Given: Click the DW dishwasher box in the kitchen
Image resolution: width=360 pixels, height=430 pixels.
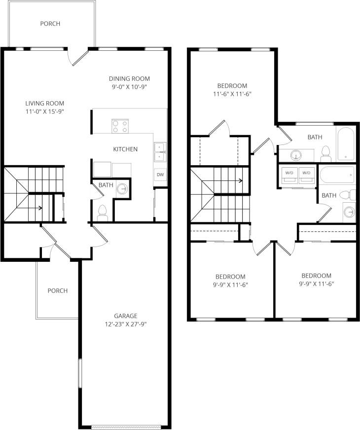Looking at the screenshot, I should (160, 175).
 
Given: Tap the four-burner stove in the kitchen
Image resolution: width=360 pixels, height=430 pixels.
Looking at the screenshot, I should (120, 126).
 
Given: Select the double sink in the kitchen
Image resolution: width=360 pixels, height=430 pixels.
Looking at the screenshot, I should (159, 152).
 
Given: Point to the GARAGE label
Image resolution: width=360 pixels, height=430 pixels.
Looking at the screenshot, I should (125, 316).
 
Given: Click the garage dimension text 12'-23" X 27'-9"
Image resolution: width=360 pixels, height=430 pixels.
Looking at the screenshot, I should (125, 324).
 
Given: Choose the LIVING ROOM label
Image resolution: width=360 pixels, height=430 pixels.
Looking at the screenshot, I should (45, 103).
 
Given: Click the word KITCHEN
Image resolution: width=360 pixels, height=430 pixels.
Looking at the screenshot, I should (125, 149).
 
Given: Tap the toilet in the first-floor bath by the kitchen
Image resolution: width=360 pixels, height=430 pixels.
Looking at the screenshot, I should (103, 212).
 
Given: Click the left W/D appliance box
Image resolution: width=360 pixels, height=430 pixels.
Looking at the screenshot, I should (288, 176).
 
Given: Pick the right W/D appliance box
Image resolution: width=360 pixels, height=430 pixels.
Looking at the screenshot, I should (307, 176).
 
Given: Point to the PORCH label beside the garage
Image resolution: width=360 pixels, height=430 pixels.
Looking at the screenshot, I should (57, 290).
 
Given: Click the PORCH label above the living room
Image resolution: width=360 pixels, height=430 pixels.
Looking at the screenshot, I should (50, 23).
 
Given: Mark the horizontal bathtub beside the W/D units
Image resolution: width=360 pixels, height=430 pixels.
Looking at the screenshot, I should (337, 174).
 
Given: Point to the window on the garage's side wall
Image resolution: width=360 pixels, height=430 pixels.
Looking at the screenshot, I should (79, 375).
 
